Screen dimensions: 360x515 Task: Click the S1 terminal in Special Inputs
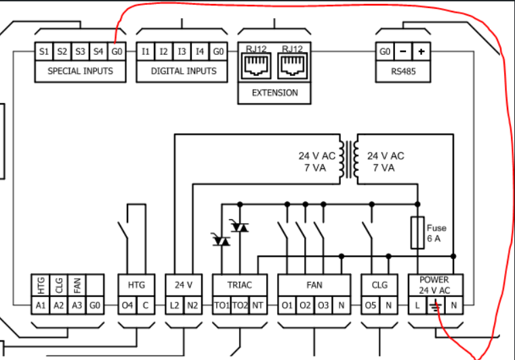click(44, 52)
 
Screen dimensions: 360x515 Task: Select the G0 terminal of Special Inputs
click(117, 52)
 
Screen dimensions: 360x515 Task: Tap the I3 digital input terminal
click(182, 52)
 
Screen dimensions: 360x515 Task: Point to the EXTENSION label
click(274, 93)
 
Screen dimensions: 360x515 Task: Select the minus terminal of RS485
click(403, 52)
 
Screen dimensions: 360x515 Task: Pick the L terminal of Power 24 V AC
click(417, 306)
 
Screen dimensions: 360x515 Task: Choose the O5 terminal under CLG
click(370, 306)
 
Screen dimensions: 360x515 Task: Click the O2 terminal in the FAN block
click(306, 306)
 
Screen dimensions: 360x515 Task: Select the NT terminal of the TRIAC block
click(258, 306)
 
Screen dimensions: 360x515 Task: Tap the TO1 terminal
click(222, 306)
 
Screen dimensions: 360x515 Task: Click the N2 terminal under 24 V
click(193, 306)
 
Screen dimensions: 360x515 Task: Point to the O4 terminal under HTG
click(127, 306)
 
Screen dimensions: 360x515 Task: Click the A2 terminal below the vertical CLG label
click(59, 306)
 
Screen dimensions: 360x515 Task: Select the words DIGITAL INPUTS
click(184, 71)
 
